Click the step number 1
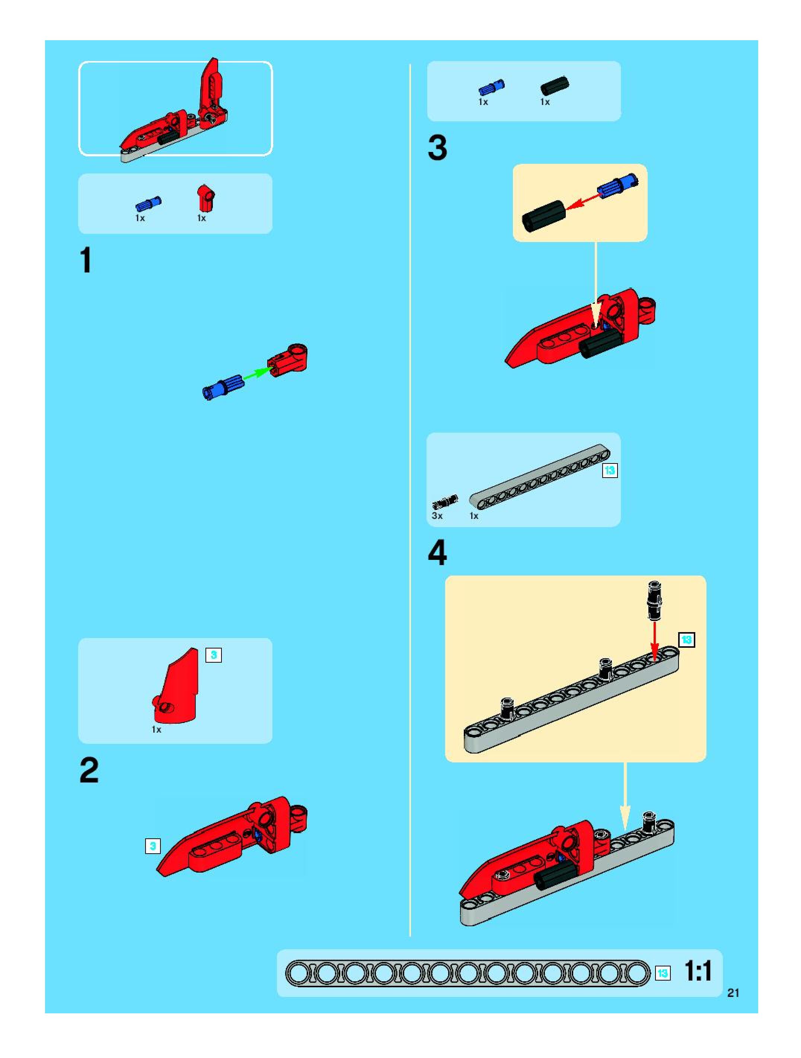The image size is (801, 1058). tap(86, 261)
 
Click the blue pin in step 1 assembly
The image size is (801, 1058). tap(223, 386)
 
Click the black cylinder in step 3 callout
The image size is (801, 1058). tap(543, 216)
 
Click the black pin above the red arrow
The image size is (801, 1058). tap(654, 600)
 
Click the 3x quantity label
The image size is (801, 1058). tap(437, 516)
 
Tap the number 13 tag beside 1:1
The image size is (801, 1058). tap(662, 973)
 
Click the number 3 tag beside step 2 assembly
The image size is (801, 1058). tap(153, 846)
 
